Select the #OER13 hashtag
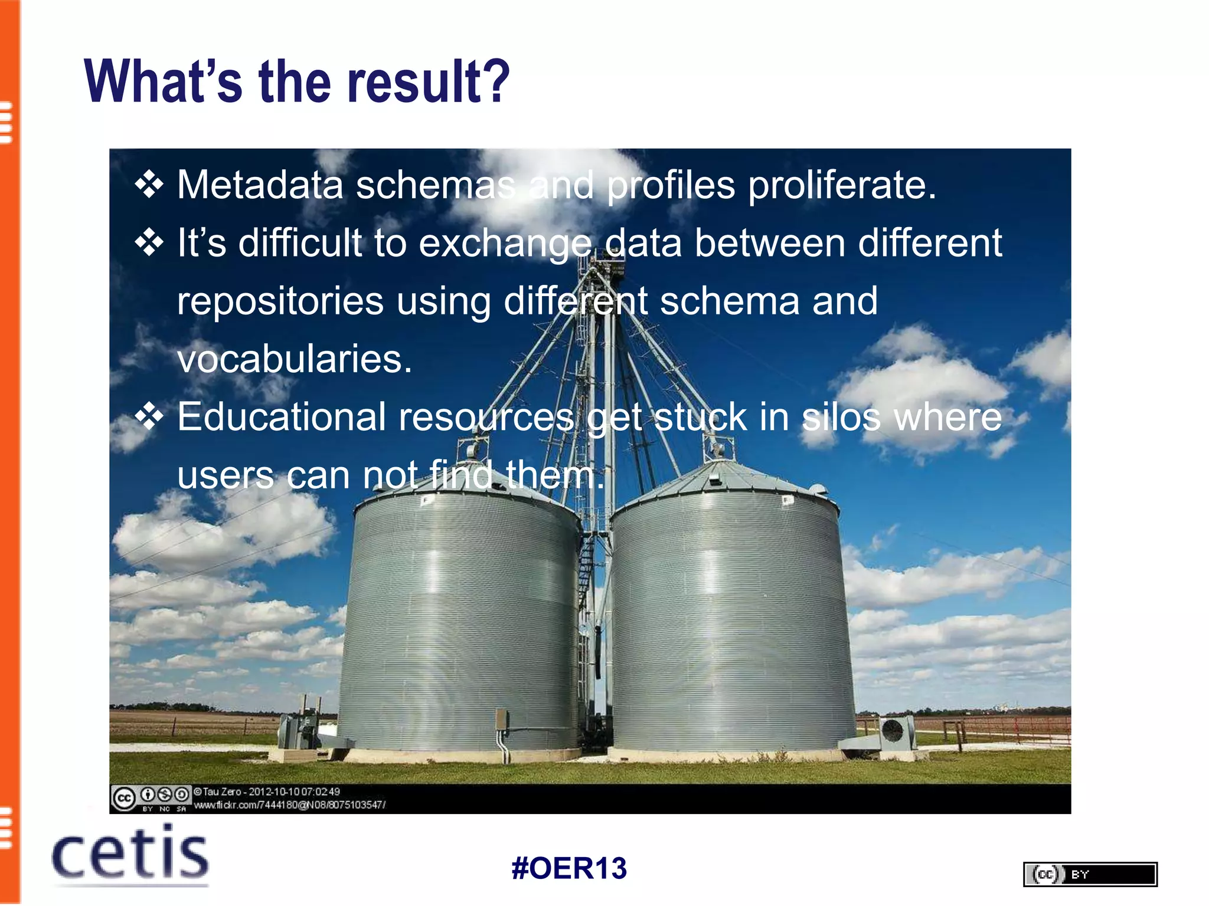pos(569,868)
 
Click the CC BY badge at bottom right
pos(1090,874)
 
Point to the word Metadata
pos(260,185)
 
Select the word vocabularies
pos(294,359)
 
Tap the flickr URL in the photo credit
pos(289,805)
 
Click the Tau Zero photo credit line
pos(267,792)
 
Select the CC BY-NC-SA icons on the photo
pos(151,797)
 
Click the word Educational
pos(281,417)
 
